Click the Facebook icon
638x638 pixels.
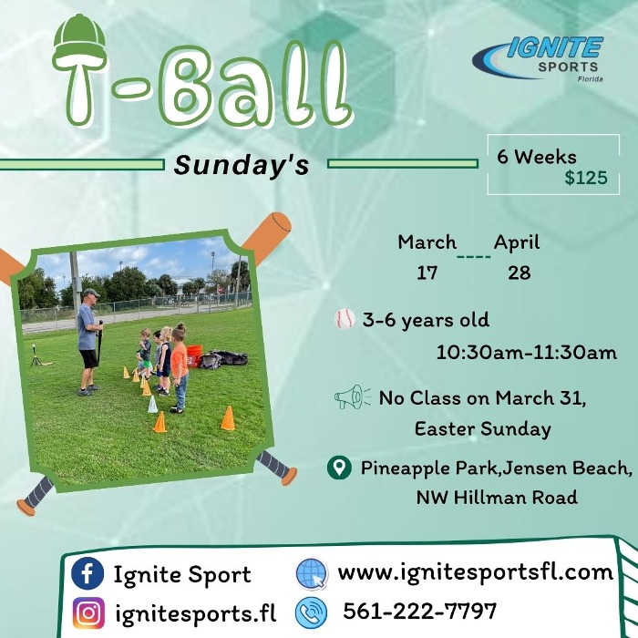tap(87, 574)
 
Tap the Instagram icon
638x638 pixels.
tap(87, 612)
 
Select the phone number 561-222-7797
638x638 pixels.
tap(420, 610)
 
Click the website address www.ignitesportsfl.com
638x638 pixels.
tap(476, 572)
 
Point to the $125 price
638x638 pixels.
tap(585, 178)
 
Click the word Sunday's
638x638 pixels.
tap(242, 165)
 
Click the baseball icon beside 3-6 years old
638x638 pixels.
tap(345, 319)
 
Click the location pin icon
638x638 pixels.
tap(339, 468)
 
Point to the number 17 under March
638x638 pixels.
tap(427, 273)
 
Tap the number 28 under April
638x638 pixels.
tap(519, 273)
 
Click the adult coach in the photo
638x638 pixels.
tap(89, 339)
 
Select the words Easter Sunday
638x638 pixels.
tap(482, 427)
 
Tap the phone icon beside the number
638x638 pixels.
tap(312, 611)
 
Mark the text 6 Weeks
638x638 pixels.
tap(537, 157)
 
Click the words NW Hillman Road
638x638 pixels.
tap(497, 498)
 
